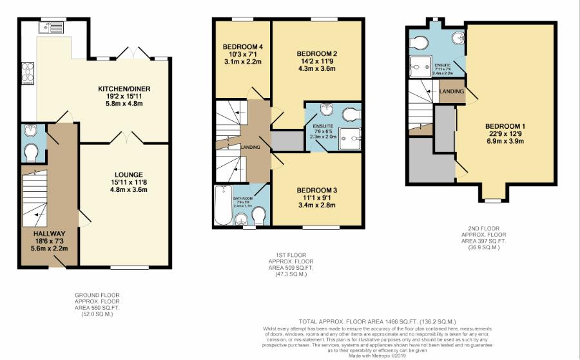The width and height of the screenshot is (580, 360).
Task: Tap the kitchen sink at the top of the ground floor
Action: (50, 27)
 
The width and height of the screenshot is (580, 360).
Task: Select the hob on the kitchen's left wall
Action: (28, 73)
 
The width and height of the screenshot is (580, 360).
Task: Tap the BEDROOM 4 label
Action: (242, 47)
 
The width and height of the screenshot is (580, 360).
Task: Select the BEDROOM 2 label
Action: (317, 53)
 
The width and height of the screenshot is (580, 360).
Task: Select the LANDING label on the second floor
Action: (452, 91)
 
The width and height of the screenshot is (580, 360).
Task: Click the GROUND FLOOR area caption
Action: (97, 305)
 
